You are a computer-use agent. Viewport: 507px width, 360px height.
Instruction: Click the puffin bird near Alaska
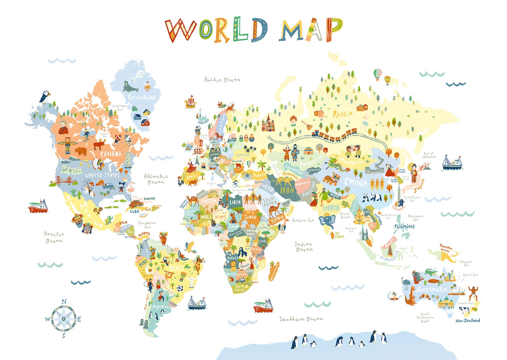point(45,96)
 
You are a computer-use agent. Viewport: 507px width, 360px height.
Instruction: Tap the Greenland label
point(141,97)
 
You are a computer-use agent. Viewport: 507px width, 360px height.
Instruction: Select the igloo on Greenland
point(140,74)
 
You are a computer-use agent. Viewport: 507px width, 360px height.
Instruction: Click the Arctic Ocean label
point(222,80)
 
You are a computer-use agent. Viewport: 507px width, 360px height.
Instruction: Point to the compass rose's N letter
point(64,301)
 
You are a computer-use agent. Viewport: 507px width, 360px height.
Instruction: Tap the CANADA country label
point(111,154)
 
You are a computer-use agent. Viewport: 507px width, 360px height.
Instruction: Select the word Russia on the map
point(343,114)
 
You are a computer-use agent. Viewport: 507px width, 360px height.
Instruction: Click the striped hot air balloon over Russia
point(378,74)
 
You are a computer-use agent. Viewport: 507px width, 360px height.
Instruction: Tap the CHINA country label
point(355,183)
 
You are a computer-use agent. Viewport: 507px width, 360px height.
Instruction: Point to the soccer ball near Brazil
point(180,288)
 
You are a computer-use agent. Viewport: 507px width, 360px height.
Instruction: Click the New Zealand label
point(467,320)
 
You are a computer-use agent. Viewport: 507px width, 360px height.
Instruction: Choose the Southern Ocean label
point(301,319)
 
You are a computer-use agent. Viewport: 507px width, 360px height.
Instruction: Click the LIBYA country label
point(235,202)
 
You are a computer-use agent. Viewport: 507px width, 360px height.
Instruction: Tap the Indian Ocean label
point(304,247)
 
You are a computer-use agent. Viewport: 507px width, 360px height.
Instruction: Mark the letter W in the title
point(180,30)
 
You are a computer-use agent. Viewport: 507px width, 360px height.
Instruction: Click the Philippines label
point(404,226)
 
